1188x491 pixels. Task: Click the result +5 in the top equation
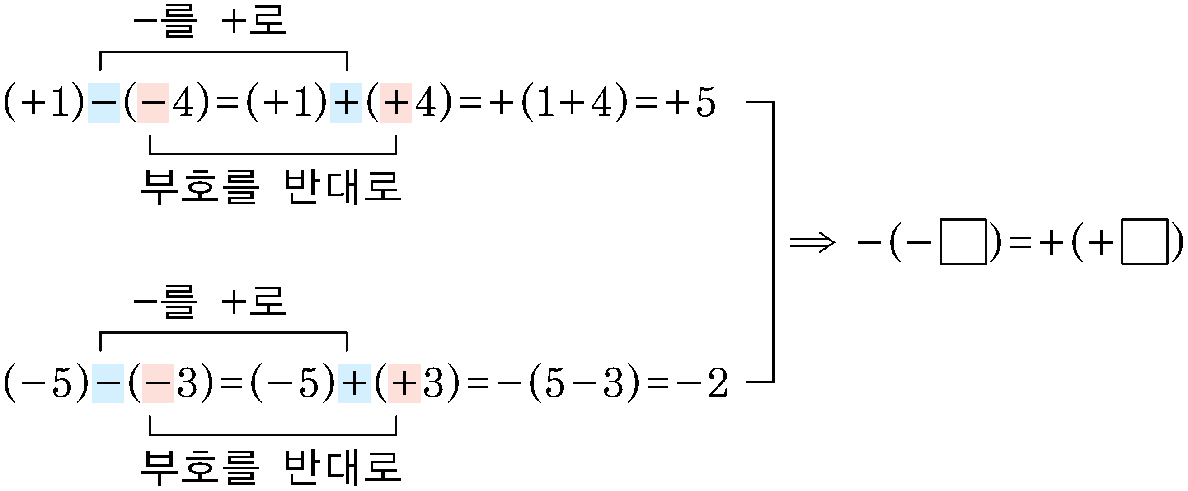pos(690,102)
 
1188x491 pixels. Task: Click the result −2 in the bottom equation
pos(702,383)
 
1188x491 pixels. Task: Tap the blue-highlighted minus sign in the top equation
pos(104,103)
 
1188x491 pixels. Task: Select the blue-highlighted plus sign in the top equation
pos(346,103)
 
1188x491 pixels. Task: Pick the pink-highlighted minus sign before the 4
pos(154,103)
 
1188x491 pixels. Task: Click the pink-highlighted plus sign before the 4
pos(396,103)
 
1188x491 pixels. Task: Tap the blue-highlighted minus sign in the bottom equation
pos(108,383)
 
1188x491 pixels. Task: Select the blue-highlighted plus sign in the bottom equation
pos(355,383)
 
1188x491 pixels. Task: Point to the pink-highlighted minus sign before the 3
pos(158,383)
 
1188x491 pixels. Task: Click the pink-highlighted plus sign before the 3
pos(404,383)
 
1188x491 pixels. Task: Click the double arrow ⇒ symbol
pos(812,242)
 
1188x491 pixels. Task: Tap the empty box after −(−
pos(963,242)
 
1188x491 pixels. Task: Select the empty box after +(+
pos(1145,242)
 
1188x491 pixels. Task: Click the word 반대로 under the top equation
pos(343,187)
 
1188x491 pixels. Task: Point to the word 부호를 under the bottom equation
pos(199,467)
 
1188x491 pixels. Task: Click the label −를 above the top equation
pos(165,21)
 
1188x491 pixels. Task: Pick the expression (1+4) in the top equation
pos(575,103)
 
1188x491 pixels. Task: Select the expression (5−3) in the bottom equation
pos(585,383)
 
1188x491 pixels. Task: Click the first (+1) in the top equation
pos(44,103)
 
